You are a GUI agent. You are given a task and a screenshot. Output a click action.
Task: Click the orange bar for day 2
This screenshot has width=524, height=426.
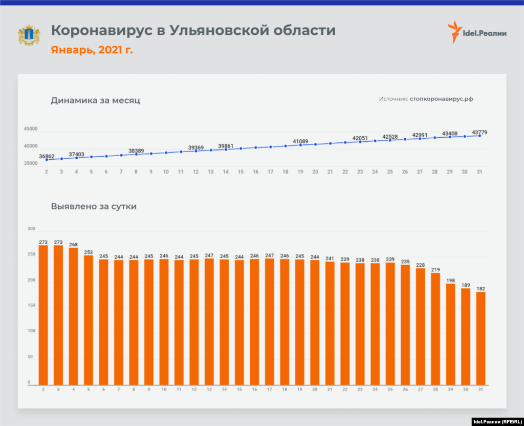pyautogui.click(x=43, y=315)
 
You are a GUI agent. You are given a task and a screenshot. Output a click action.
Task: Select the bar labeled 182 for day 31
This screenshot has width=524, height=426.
pyautogui.click(x=481, y=338)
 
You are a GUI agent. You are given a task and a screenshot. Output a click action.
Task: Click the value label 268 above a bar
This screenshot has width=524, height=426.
pyautogui.click(x=74, y=245)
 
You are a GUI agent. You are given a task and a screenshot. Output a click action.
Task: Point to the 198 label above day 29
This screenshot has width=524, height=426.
pyautogui.click(x=451, y=280)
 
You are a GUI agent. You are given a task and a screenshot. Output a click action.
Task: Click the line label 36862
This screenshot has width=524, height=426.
pyautogui.click(x=47, y=156)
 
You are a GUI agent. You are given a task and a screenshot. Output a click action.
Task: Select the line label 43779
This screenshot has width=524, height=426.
pyautogui.click(x=479, y=133)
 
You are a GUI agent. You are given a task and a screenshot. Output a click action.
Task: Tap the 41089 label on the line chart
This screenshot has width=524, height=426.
pyautogui.click(x=300, y=141)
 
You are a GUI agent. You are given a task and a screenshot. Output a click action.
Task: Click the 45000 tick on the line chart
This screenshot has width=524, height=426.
pyautogui.click(x=30, y=129)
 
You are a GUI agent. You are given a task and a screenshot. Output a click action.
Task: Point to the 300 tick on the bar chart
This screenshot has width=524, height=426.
pyautogui.click(x=31, y=228)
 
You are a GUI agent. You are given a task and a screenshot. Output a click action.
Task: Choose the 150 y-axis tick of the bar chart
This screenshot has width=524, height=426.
pyautogui.click(x=31, y=306)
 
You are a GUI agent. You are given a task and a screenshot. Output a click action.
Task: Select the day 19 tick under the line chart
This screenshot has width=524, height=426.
pyautogui.click(x=300, y=173)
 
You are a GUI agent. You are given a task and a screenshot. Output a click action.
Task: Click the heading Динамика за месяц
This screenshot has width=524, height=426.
pyautogui.click(x=96, y=100)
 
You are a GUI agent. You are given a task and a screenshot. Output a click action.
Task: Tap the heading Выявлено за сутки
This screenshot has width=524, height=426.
pyautogui.click(x=94, y=207)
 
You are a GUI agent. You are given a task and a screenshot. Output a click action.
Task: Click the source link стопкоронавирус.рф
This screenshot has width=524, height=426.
pyautogui.click(x=441, y=99)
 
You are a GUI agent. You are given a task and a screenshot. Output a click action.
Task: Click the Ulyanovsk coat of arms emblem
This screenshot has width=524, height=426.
pyautogui.click(x=29, y=34)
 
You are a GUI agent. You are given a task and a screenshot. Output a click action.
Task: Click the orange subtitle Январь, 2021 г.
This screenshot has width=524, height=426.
pyautogui.click(x=92, y=50)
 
